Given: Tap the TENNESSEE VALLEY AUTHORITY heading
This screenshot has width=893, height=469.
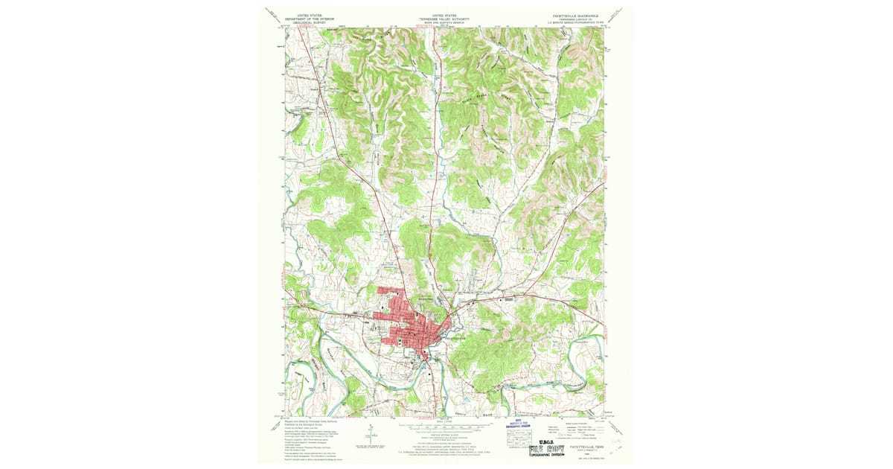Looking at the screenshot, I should (x=446, y=18).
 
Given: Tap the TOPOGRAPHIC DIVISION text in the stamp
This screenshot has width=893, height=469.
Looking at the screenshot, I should (x=552, y=456).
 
